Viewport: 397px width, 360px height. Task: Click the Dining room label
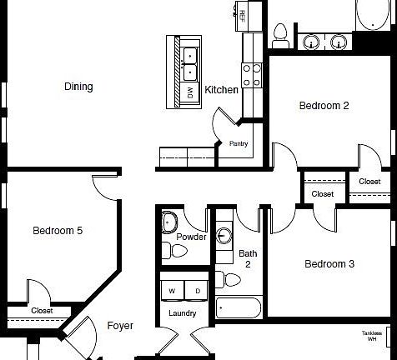(78, 87)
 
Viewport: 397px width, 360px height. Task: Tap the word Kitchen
(222, 90)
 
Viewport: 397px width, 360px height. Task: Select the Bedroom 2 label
(324, 106)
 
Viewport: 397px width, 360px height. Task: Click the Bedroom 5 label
(58, 231)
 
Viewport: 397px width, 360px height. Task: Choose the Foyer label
(120, 326)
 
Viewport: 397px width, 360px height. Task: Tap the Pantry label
(239, 143)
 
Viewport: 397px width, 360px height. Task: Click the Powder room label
(191, 237)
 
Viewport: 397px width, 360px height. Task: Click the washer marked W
(172, 290)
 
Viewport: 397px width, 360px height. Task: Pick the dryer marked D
(197, 290)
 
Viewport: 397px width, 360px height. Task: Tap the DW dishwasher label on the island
(190, 93)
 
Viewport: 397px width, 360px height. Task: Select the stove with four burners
(252, 76)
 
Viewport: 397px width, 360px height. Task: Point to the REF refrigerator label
(241, 14)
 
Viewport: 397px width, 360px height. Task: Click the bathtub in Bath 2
(239, 307)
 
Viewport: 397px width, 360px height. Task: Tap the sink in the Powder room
(171, 222)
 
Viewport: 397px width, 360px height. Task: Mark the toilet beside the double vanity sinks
(281, 34)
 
